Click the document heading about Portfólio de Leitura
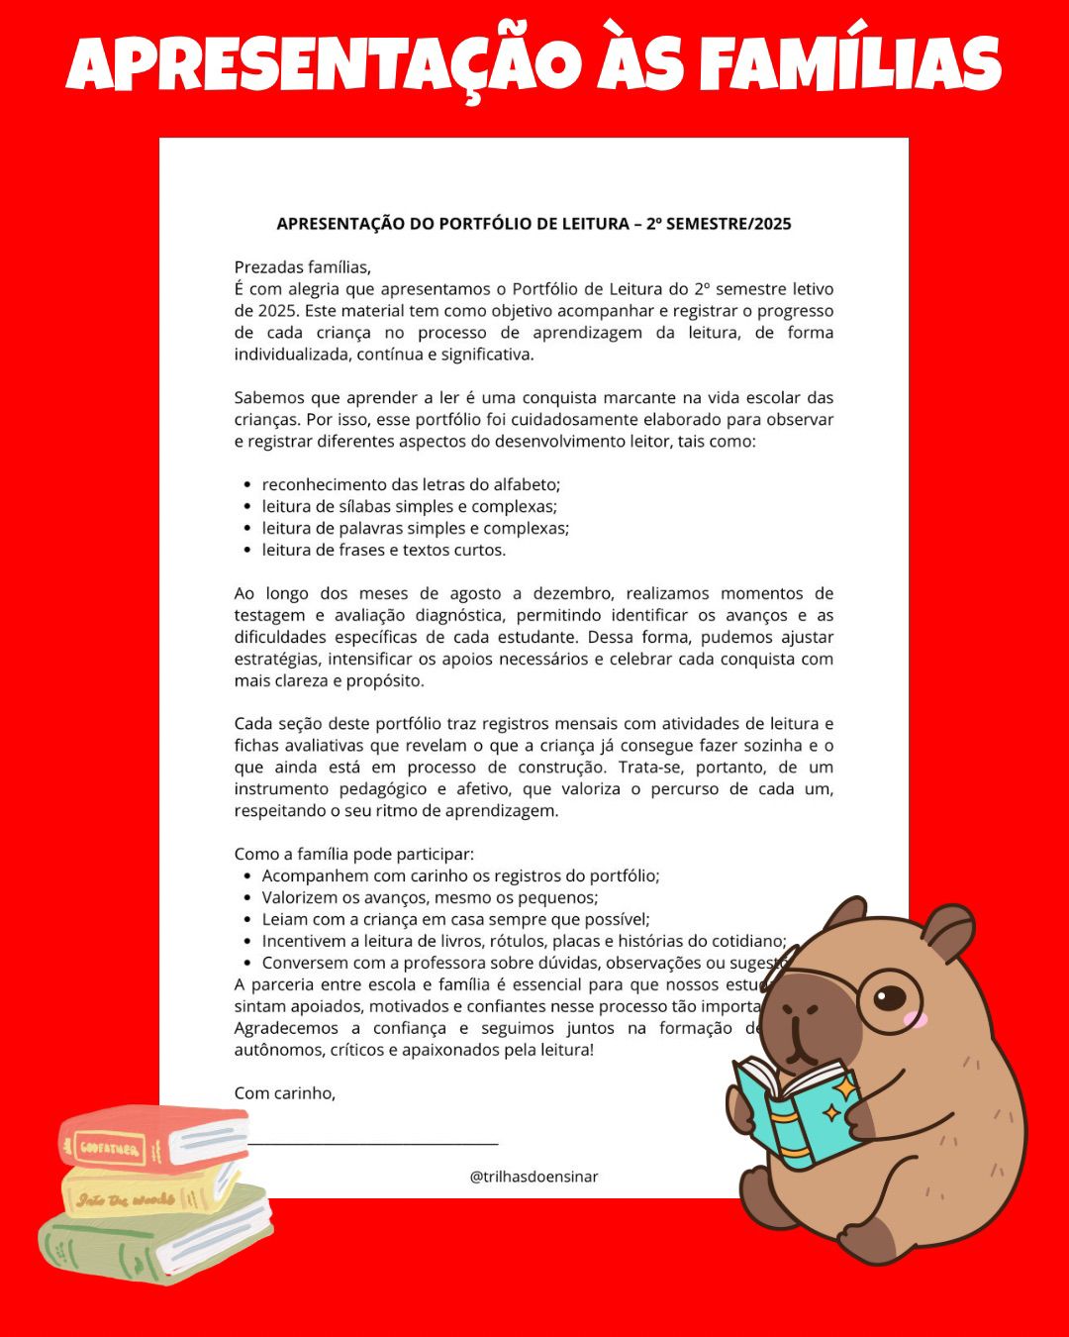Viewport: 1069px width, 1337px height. click(x=534, y=224)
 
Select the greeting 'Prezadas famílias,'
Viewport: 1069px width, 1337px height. click(x=302, y=267)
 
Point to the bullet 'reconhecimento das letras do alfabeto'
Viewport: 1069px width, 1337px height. click(x=411, y=485)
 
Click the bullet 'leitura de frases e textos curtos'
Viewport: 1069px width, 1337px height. click(x=383, y=551)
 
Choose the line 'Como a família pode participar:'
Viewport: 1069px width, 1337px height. click(x=353, y=855)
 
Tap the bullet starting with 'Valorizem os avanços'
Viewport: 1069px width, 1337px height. click(x=430, y=898)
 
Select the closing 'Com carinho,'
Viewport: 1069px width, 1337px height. click(x=284, y=1093)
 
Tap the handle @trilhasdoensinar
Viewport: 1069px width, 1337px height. click(x=534, y=1178)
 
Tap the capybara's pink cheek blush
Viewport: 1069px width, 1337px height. click(x=920, y=1020)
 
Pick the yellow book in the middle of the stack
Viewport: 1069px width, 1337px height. click(x=148, y=1193)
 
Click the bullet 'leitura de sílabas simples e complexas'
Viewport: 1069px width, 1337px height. click(x=409, y=507)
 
